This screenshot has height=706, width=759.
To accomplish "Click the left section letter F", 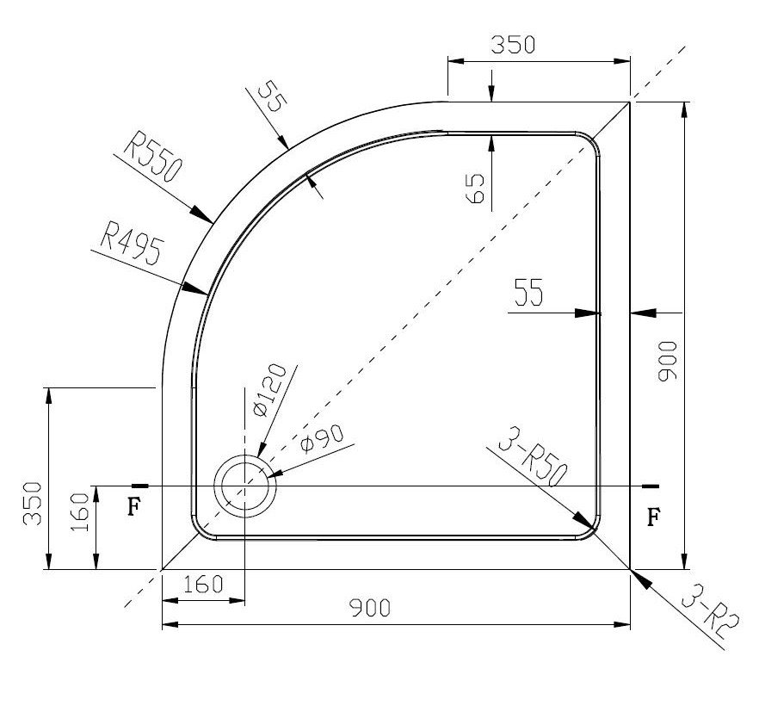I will click(x=133, y=506).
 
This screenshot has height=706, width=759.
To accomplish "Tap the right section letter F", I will click(x=653, y=517).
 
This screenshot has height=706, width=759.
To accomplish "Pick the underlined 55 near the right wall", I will click(x=528, y=295).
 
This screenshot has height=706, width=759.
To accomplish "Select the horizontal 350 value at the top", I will click(x=513, y=46).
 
